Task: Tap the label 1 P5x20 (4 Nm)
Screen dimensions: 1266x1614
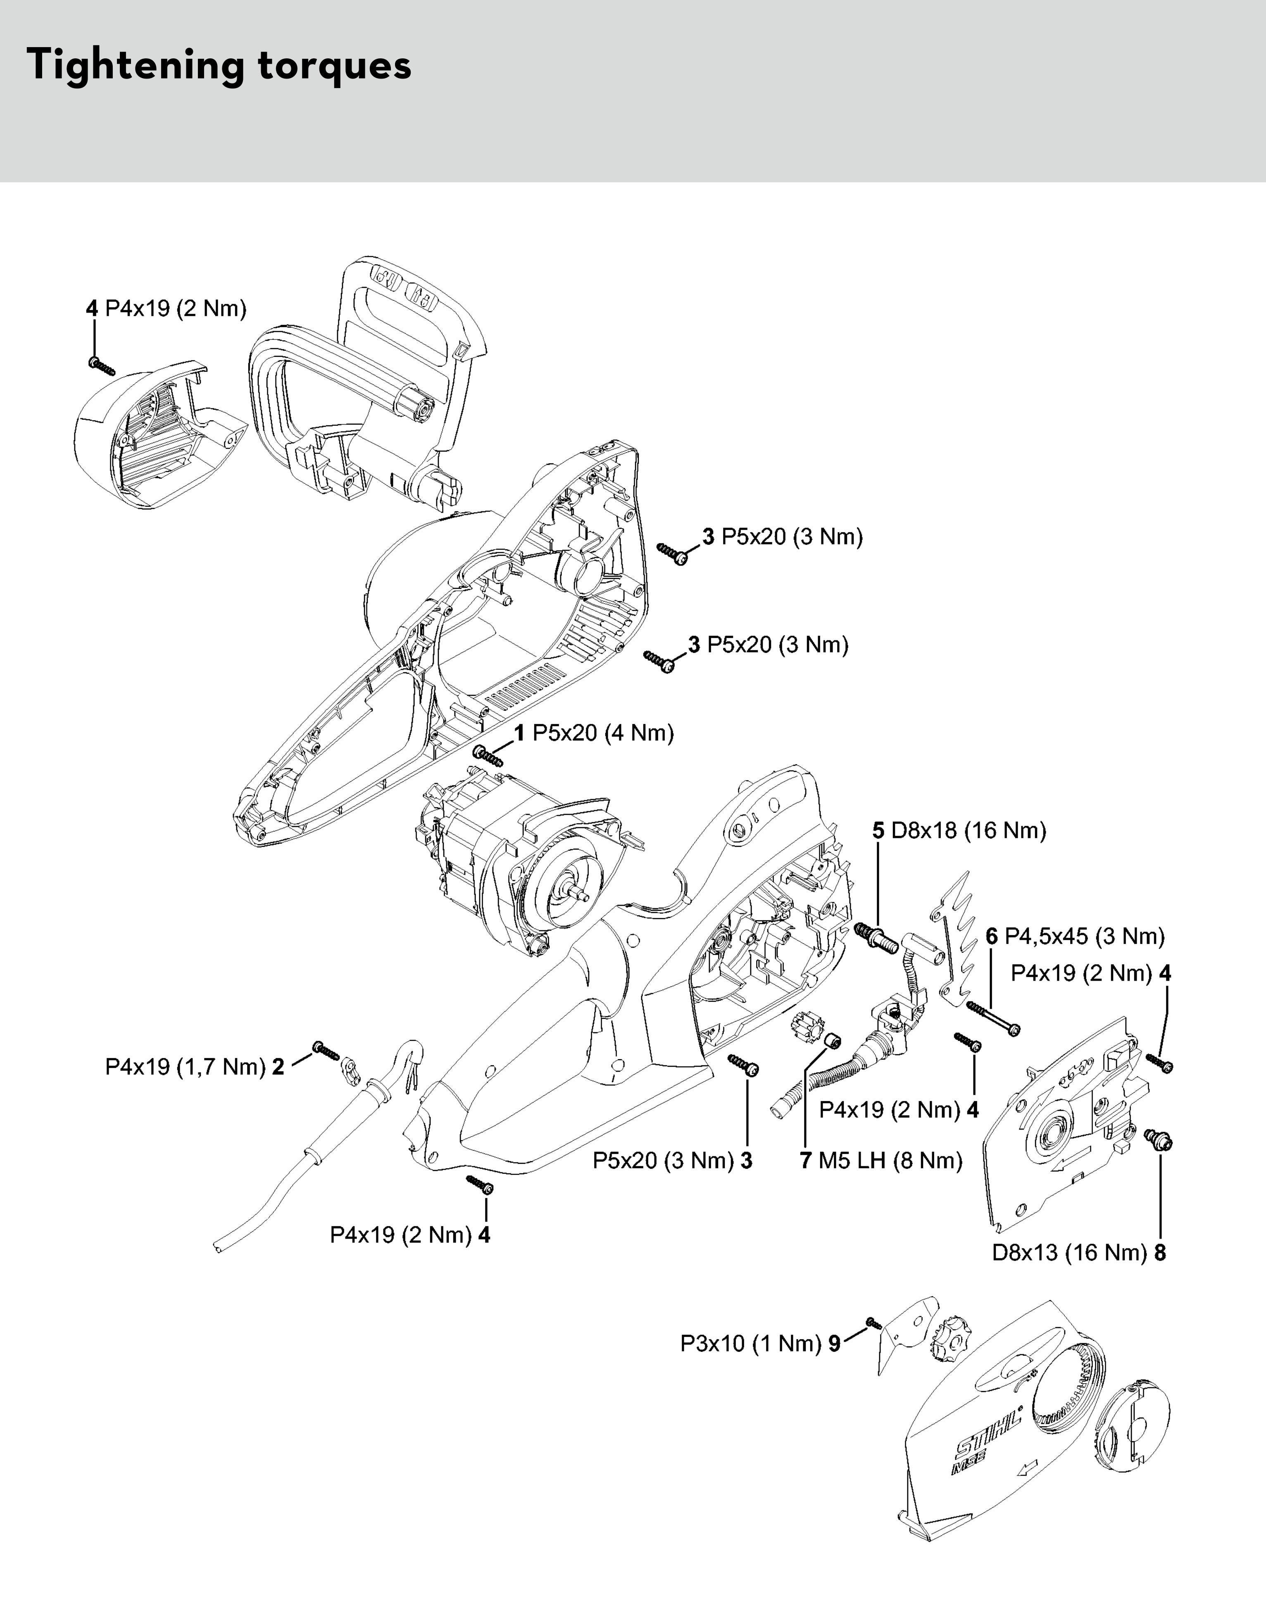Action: pos(594,733)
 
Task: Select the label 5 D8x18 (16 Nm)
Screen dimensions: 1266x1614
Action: pos(959,830)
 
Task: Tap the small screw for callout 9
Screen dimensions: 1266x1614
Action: pos(873,1323)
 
